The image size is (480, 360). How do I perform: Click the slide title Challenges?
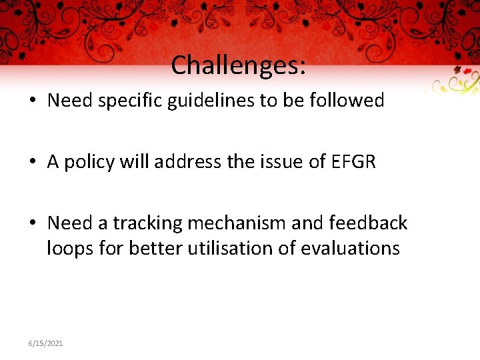[239, 65]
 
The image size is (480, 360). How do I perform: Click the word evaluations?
[350, 249]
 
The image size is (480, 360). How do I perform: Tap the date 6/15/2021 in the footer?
[45, 343]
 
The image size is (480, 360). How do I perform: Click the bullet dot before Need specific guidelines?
[31, 101]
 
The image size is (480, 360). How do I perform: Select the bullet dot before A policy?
[31, 163]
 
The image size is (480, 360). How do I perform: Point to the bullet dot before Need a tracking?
[31, 223]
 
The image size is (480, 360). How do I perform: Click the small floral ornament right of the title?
[455, 82]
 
